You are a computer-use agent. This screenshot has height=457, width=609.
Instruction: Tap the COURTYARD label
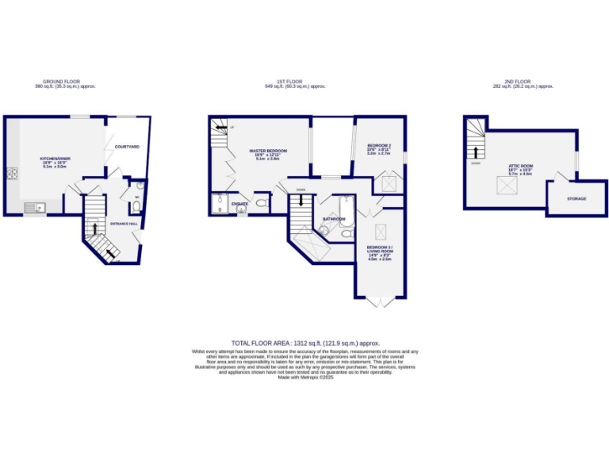[x=127, y=147]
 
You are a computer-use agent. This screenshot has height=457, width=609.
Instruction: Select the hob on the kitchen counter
[x=12, y=174]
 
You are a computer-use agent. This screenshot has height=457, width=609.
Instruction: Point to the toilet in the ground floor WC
[x=136, y=207]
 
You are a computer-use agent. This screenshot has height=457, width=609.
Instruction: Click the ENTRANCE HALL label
[x=124, y=224]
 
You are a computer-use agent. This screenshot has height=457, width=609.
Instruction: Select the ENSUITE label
[x=239, y=204]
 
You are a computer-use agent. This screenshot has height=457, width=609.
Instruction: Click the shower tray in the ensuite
[x=218, y=204]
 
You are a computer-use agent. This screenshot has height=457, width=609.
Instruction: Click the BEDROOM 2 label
[x=379, y=146]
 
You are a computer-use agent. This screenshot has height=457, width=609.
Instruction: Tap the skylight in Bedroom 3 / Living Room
[x=380, y=232]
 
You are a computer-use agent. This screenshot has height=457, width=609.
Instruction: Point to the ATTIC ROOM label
[x=520, y=166]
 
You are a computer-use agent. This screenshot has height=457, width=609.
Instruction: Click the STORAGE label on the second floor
[x=576, y=198]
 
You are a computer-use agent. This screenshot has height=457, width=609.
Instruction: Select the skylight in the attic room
[x=503, y=185]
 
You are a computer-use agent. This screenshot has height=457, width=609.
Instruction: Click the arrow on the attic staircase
[x=476, y=152]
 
